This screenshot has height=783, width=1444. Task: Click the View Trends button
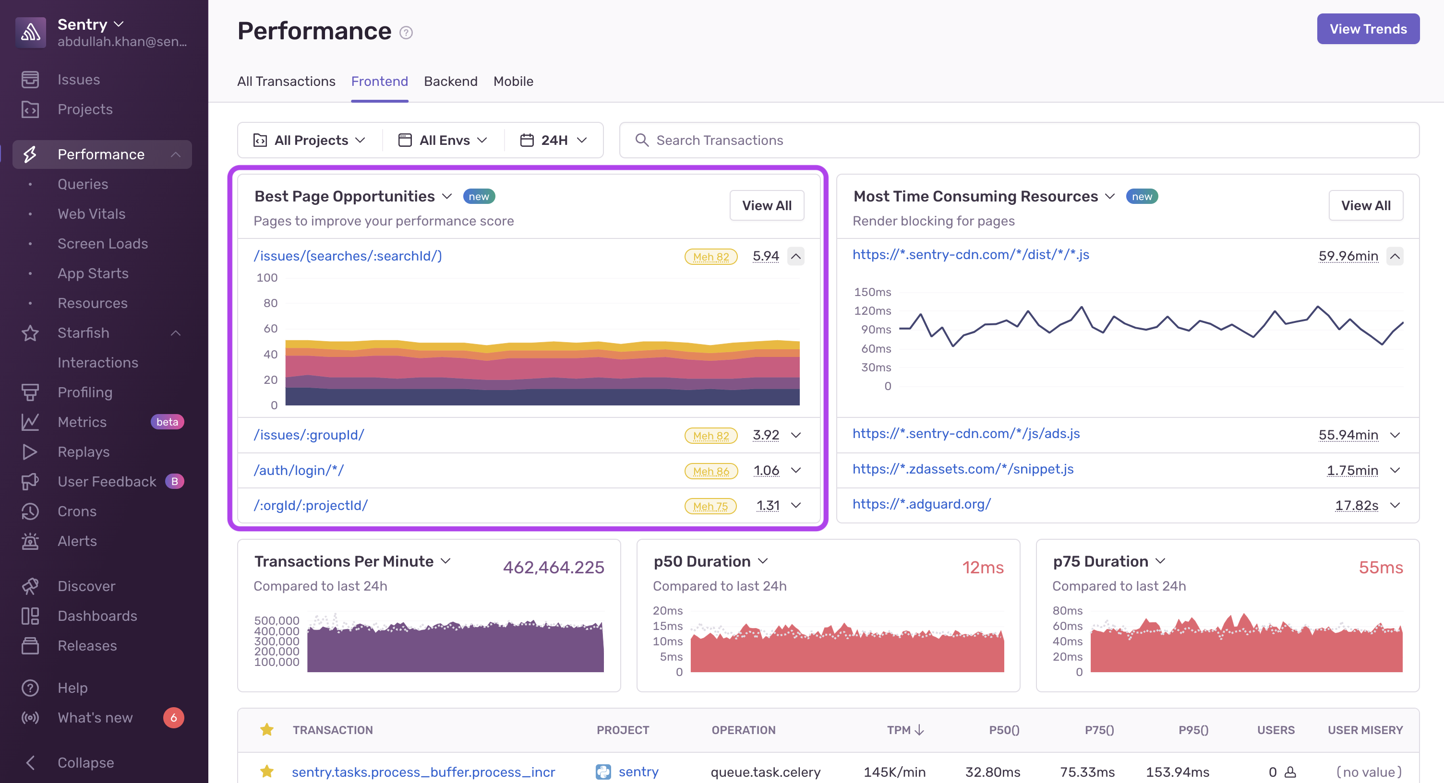click(x=1367, y=29)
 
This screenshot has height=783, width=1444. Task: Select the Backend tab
click(x=450, y=82)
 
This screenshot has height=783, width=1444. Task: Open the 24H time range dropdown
click(x=554, y=140)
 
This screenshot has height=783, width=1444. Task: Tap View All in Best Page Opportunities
click(x=766, y=205)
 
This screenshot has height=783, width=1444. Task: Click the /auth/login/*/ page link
click(x=299, y=471)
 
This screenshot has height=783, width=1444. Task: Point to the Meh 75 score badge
click(x=710, y=506)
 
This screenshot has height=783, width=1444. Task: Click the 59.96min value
click(x=1348, y=256)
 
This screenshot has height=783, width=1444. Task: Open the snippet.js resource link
click(x=963, y=469)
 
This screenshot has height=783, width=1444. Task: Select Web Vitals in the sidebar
click(x=91, y=214)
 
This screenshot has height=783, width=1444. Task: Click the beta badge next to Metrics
click(x=167, y=422)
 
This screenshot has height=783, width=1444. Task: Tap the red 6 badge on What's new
click(x=173, y=717)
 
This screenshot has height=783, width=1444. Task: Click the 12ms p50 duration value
click(x=983, y=568)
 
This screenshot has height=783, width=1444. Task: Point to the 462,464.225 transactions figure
click(x=554, y=568)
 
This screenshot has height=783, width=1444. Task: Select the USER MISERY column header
click(x=1364, y=730)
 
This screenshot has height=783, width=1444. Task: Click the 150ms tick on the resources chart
click(x=872, y=292)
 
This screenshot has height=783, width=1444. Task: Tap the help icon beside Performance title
click(x=406, y=33)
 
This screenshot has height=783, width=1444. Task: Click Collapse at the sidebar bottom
click(x=85, y=762)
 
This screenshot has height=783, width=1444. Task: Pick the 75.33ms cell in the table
click(x=1087, y=772)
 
